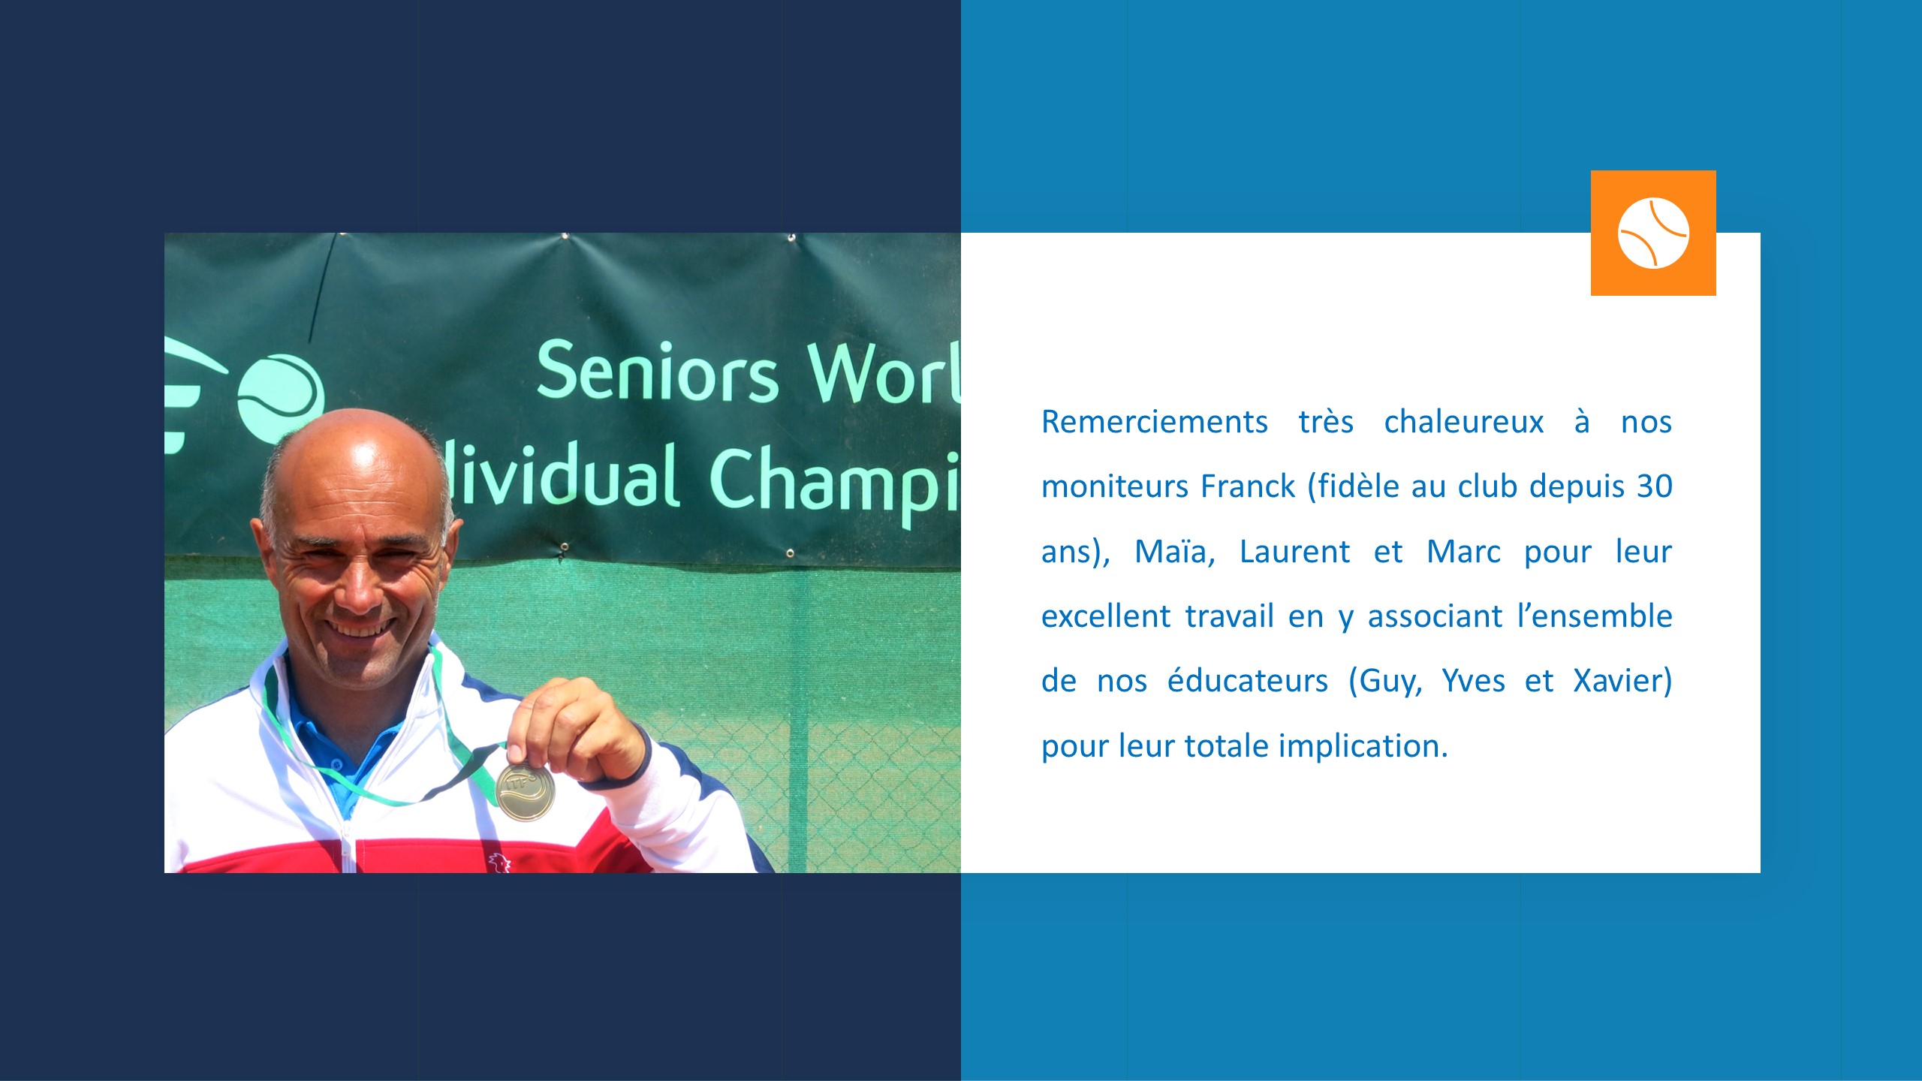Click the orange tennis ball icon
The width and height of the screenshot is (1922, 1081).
[x=1653, y=233]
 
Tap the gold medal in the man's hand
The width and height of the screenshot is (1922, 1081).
[x=526, y=791]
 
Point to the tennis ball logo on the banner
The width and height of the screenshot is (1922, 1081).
[x=281, y=397]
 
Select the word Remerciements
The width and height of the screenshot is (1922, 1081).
[x=1154, y=422]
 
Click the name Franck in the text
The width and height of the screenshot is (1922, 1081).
[x=1248, y=486]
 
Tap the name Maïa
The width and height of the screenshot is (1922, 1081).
[x=1174, y=552]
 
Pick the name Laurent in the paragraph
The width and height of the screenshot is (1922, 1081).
[x=1294, y=552]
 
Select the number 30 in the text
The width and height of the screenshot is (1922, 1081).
[x=1655, y=486]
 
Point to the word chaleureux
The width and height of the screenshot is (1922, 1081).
[x=1464, y=422]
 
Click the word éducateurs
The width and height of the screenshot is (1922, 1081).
[x=1247, y=681]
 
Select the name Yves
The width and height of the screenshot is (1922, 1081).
[x=1473, y=681]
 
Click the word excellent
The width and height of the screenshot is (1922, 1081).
[x=1105, y=616]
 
